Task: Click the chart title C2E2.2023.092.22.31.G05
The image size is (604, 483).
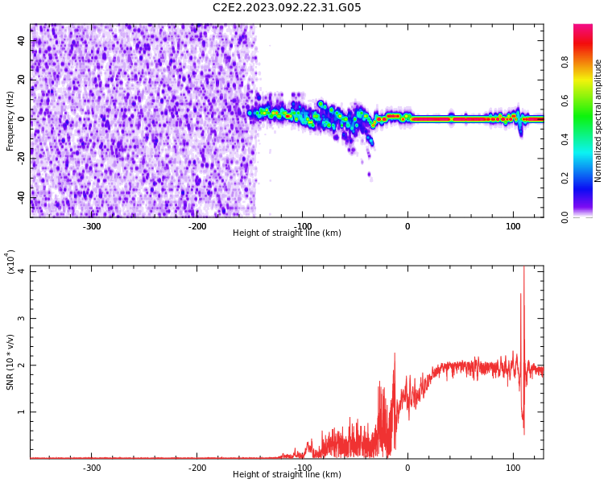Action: pyautogui.click(x=287, y=7)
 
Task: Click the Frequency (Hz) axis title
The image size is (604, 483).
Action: pyautogui.click(x=10, y=121)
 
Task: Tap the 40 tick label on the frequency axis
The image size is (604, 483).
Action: pyautogui.click(x=22, y=40)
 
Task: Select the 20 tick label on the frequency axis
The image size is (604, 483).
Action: pyautogui.click(x=22, y=80)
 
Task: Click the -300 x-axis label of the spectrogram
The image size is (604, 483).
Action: pyautogui.click(x=92, y=226)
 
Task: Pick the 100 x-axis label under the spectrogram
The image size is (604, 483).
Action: pyautogui.click(x=513, y=226)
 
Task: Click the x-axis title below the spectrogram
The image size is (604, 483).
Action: pyautogui.click(x=287, y=233)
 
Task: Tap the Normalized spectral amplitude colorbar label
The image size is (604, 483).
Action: pyautogui.click(x=598, y=121)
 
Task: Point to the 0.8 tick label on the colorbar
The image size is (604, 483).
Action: pyautogui.click(x=565, y=62)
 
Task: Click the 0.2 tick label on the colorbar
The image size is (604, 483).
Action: pyautogui.click(x=565, y=178)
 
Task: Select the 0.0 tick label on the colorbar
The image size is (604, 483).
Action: pyautogui.click(x=565, y=217)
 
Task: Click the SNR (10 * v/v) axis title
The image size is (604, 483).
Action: pyautogui.click(x=10, y=362)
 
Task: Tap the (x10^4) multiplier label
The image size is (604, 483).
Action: pyautogui.click(x=10, y=262)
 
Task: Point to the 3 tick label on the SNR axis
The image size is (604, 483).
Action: pyautogui.click(x=22, y=318)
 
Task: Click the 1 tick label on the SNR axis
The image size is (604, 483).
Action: pyautogui.click(x=22, y=411)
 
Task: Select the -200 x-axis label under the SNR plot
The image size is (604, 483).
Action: pyautogui.click(x=197, y=468)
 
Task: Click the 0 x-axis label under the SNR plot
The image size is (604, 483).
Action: pyautogui.click(x=407, y=468)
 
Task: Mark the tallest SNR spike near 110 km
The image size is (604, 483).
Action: pyautogui.click(x=523, y=266)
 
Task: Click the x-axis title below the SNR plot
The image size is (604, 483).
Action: pyautogui.click(x=287, y=474)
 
